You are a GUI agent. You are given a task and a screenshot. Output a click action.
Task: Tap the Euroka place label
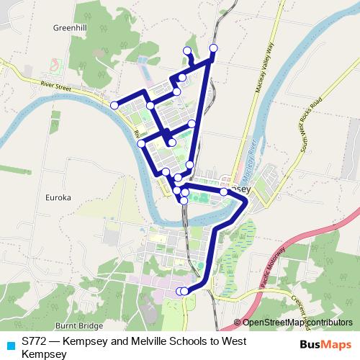pyautogui.click(x=58, y=197)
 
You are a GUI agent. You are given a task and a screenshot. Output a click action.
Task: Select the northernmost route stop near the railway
pyautogui.click(x=213, y=48)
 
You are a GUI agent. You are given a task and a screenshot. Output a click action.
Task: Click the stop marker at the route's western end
pyautogui.click(x=114, y=105)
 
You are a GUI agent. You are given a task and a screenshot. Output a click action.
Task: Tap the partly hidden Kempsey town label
pyautogui.click(x=242, y=185)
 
